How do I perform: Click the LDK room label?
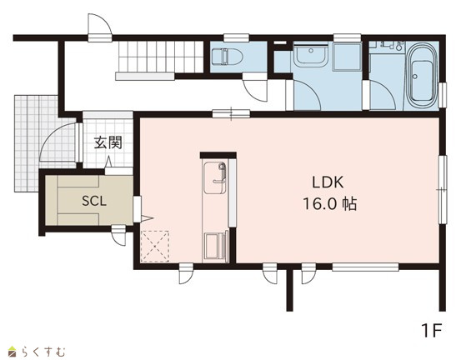coord(328,182)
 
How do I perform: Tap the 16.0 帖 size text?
coord(329,204)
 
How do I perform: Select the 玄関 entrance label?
coord(108,142)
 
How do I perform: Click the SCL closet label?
coord(94,202)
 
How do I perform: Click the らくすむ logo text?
coord(43,352)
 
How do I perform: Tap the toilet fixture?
coord(227,57)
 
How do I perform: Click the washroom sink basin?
coord(311,54)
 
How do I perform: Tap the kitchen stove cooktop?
coord(215,247)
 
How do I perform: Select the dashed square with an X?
coord(154,247)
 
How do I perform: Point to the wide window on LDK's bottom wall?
coord(365,267)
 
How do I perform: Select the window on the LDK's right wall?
coord(443,189)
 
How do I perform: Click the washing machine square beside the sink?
coord(347,57)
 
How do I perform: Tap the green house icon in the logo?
coord(12,351)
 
